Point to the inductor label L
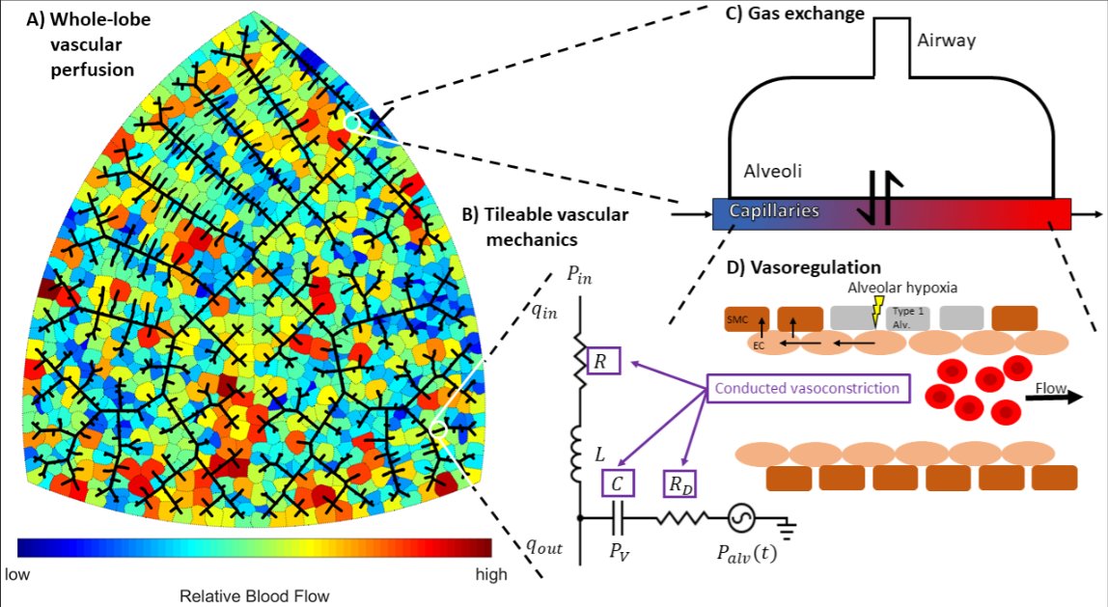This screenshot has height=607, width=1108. pos(600,455)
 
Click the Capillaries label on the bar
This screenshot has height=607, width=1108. pos(774,210)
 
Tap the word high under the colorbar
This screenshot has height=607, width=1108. pos(492,574)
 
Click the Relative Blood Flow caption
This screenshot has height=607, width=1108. pos(254,595)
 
